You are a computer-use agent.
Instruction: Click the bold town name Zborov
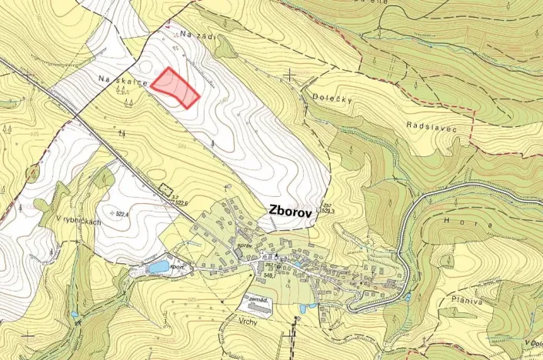[288, 212]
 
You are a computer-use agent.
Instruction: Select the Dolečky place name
[332, 98]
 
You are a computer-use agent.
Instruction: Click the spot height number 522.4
[121, 213]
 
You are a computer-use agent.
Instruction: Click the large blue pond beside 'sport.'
[158, 267]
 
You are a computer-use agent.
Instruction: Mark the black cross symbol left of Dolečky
[290, 75]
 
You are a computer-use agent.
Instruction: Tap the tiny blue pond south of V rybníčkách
[74, 314]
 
